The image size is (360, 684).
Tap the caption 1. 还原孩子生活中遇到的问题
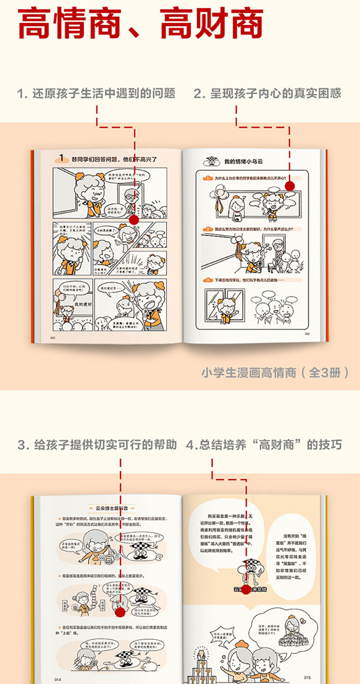click(96, 94)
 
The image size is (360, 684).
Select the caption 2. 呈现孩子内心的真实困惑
click(267, 94)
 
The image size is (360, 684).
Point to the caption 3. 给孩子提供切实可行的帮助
click(97, 445)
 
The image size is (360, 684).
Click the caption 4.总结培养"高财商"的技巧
click(264, 445)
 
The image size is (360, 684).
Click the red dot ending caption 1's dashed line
click(134, 220)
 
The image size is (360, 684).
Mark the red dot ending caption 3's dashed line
click(120, 612)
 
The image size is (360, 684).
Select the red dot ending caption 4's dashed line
click(246, 590)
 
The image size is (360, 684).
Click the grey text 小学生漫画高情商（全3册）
click(276, 373)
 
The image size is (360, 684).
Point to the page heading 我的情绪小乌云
click(244, 161)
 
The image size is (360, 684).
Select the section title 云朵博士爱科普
click(111, 508)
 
